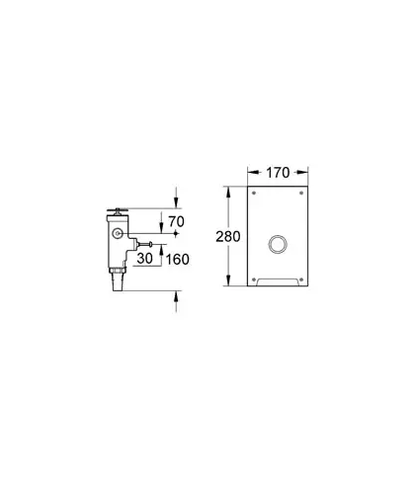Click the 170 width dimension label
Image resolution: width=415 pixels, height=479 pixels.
[278, 173]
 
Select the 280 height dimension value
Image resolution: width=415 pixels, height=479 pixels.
[228, 236]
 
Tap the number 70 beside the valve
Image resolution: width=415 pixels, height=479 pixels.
[176, 222]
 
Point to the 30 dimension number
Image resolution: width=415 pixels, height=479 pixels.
[145, 259]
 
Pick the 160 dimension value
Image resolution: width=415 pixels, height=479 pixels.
[177, 260]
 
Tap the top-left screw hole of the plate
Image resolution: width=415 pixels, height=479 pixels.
[254, 193]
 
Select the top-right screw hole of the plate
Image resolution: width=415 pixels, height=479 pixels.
[301, 193]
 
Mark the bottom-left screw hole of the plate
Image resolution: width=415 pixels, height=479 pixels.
[254, 279]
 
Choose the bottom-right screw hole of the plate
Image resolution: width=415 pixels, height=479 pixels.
[301, 279]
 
